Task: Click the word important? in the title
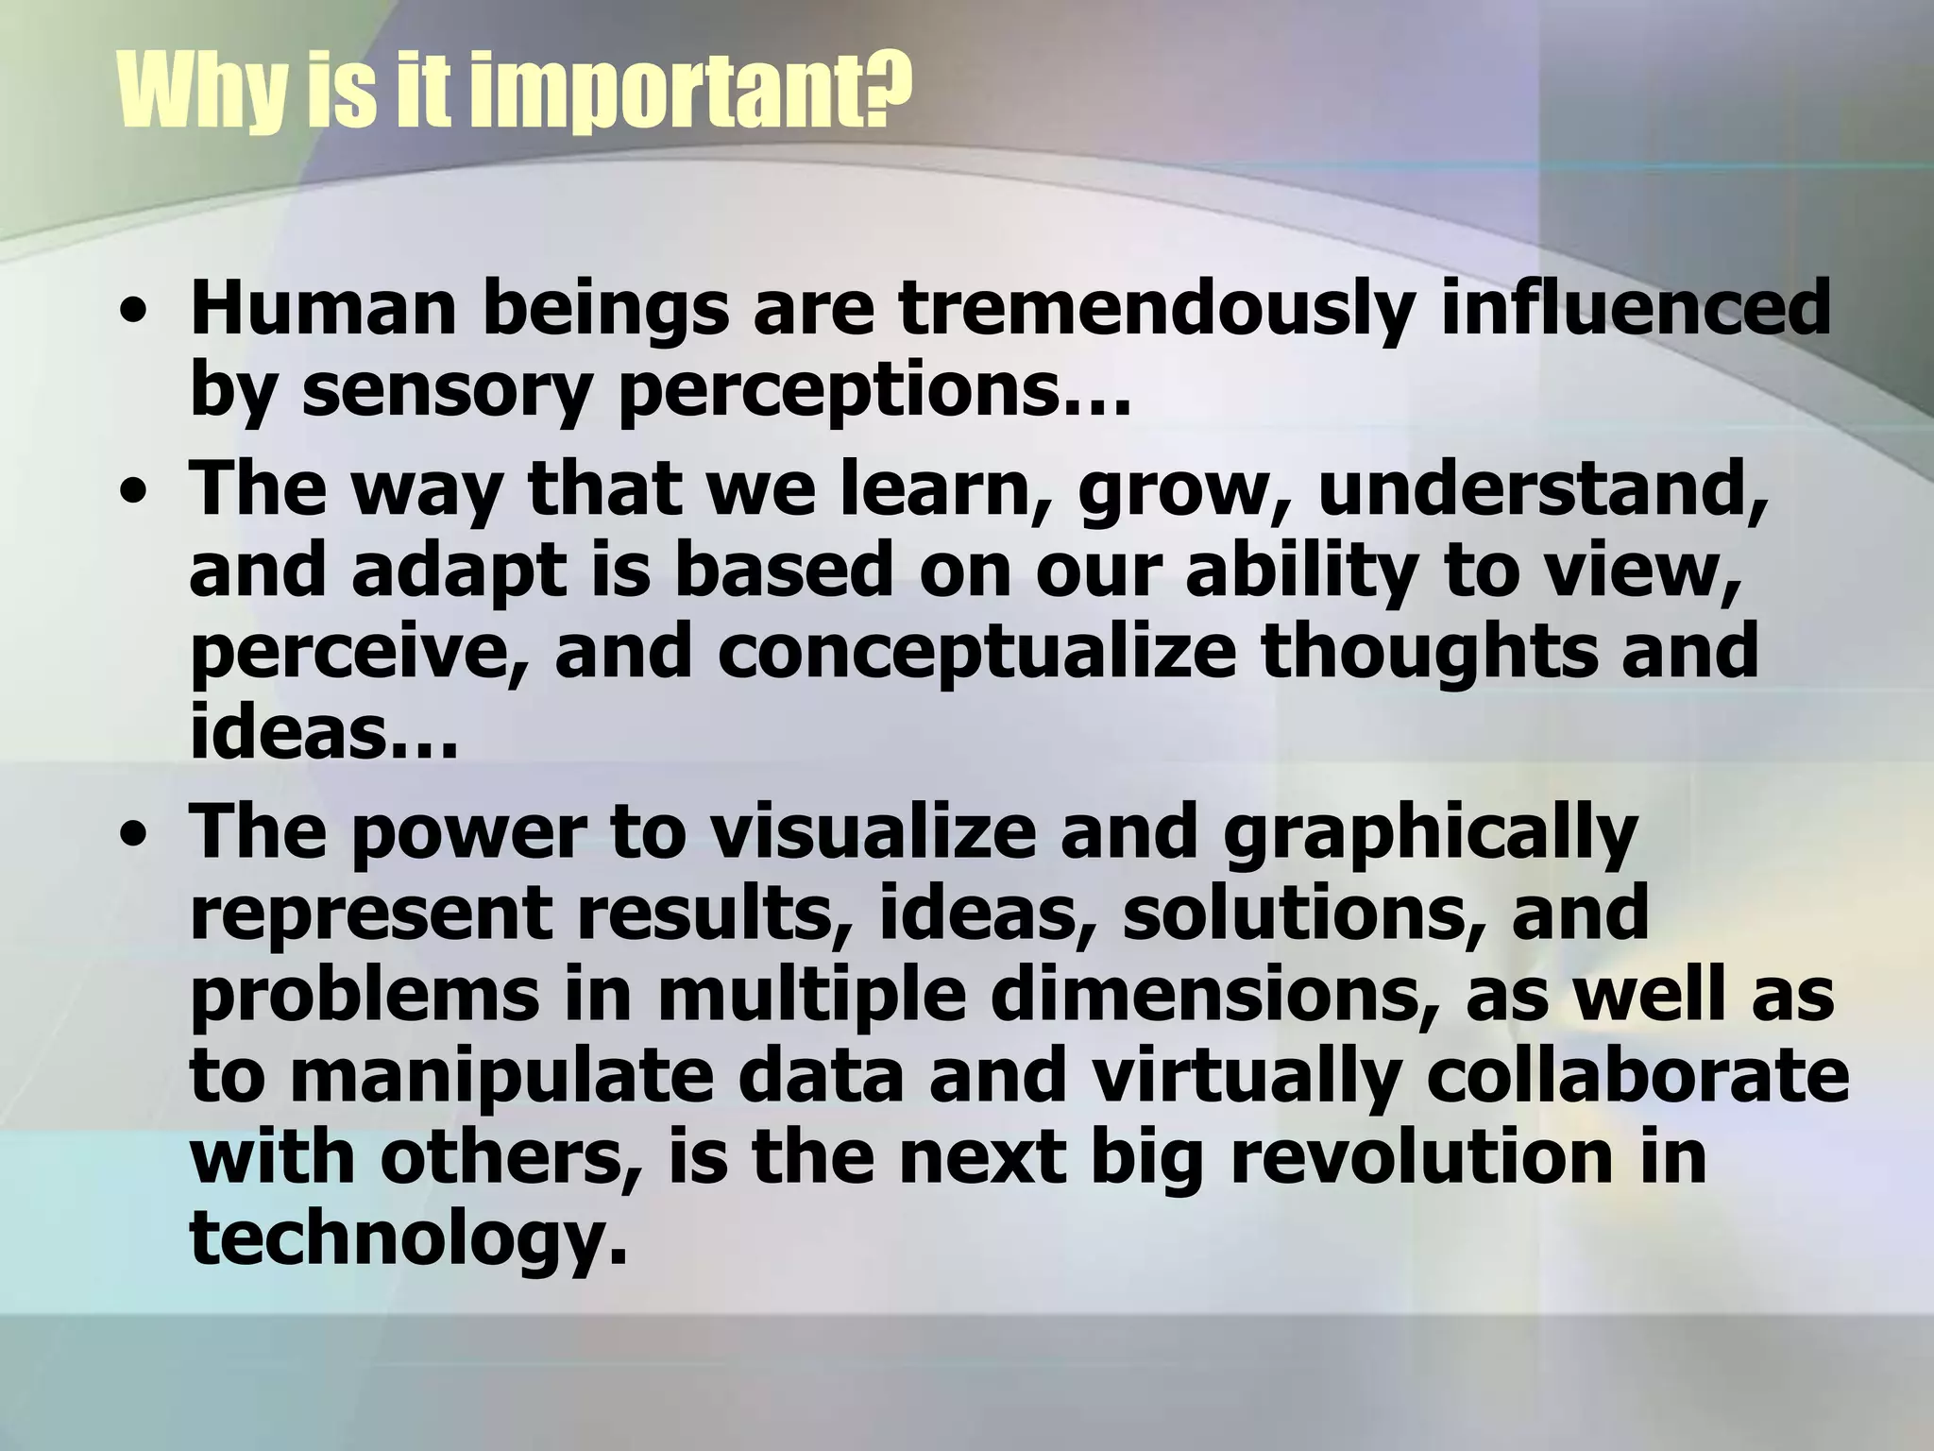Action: pos(690,92)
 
